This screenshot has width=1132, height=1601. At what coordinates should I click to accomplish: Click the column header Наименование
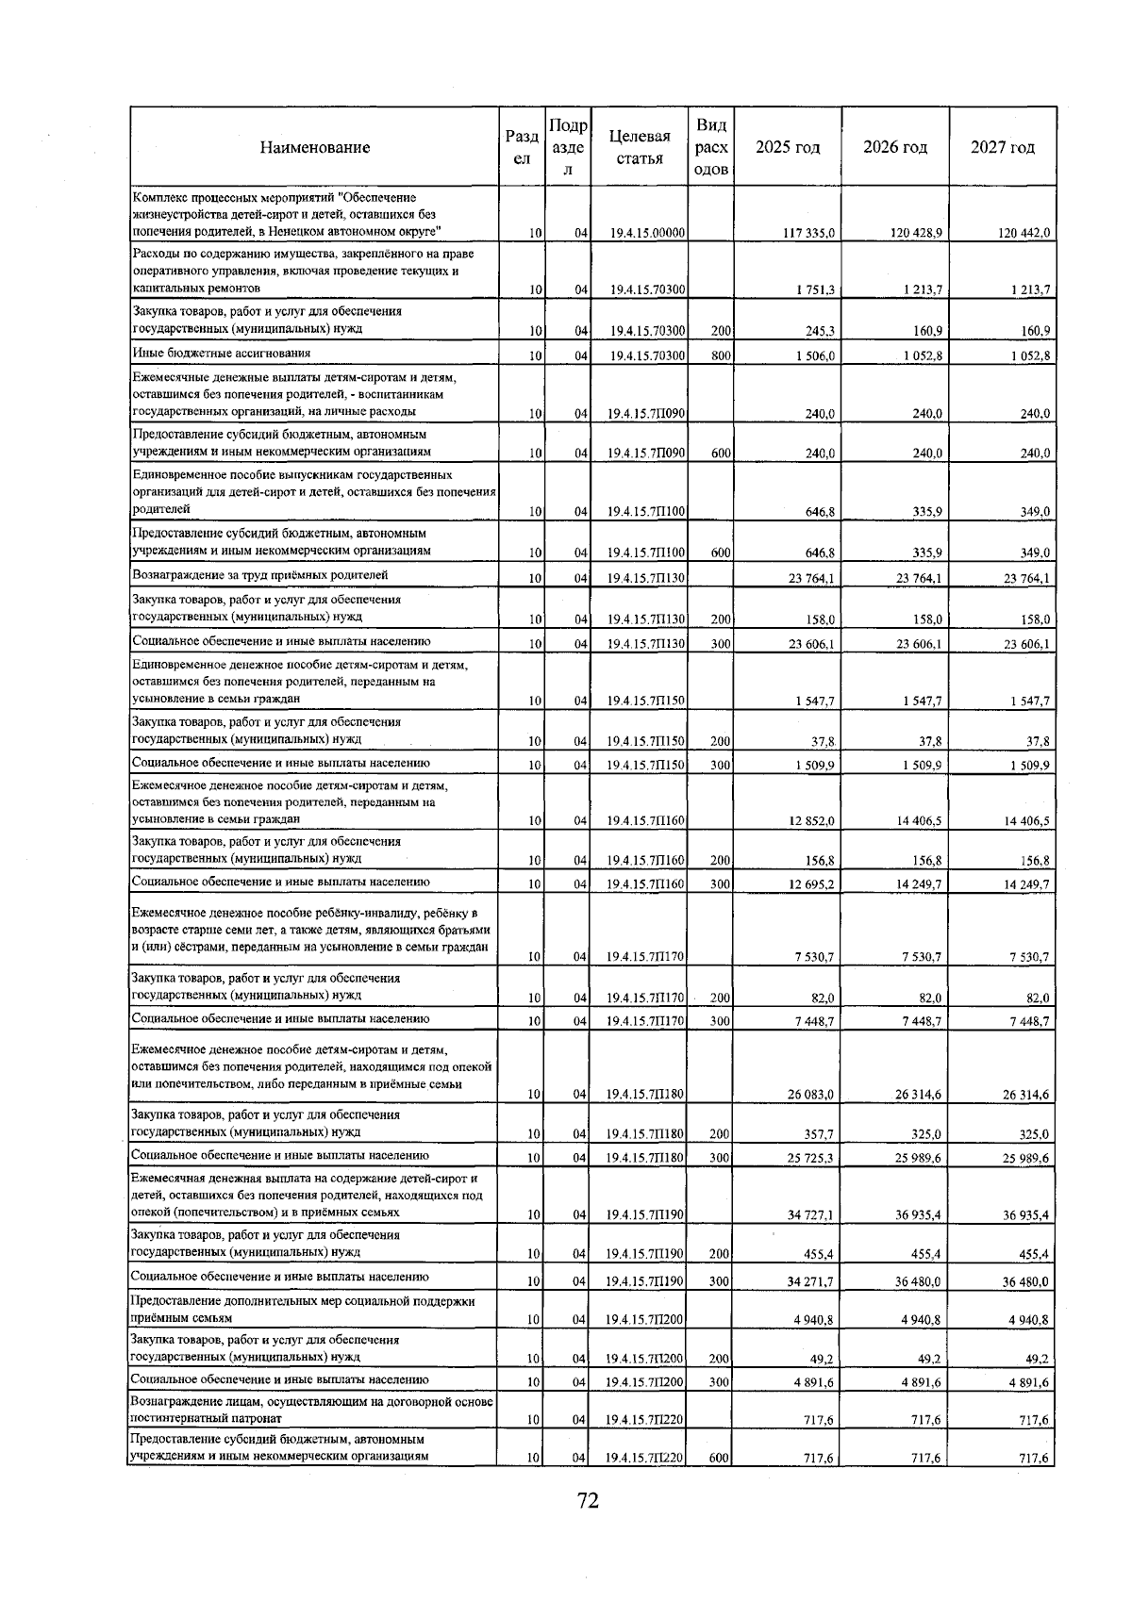pos(315,147)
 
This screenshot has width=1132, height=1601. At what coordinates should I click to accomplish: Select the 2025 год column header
pos(788,147)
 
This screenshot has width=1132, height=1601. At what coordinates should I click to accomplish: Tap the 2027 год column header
pos(1002,147)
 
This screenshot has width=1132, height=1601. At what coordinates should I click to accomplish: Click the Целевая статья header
pos(640,147)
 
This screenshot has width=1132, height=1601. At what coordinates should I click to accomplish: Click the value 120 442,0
pos(1024,233)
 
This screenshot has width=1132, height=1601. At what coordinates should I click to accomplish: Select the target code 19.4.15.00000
pos(646,233)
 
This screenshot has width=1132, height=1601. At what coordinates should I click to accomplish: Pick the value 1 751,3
pos(814,290)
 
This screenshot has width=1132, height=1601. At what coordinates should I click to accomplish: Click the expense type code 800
pos(721,355)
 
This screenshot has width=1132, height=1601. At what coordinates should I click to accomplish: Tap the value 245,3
pos(819,331)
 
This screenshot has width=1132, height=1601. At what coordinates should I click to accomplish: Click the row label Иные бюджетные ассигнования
pos(222,354)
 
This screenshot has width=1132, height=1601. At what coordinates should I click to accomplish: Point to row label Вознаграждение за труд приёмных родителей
pos(260,575)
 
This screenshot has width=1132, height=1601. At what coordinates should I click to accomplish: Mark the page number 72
pos(588,1500)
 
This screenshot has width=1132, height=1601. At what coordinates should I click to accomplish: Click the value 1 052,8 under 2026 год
pos(920,355)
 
